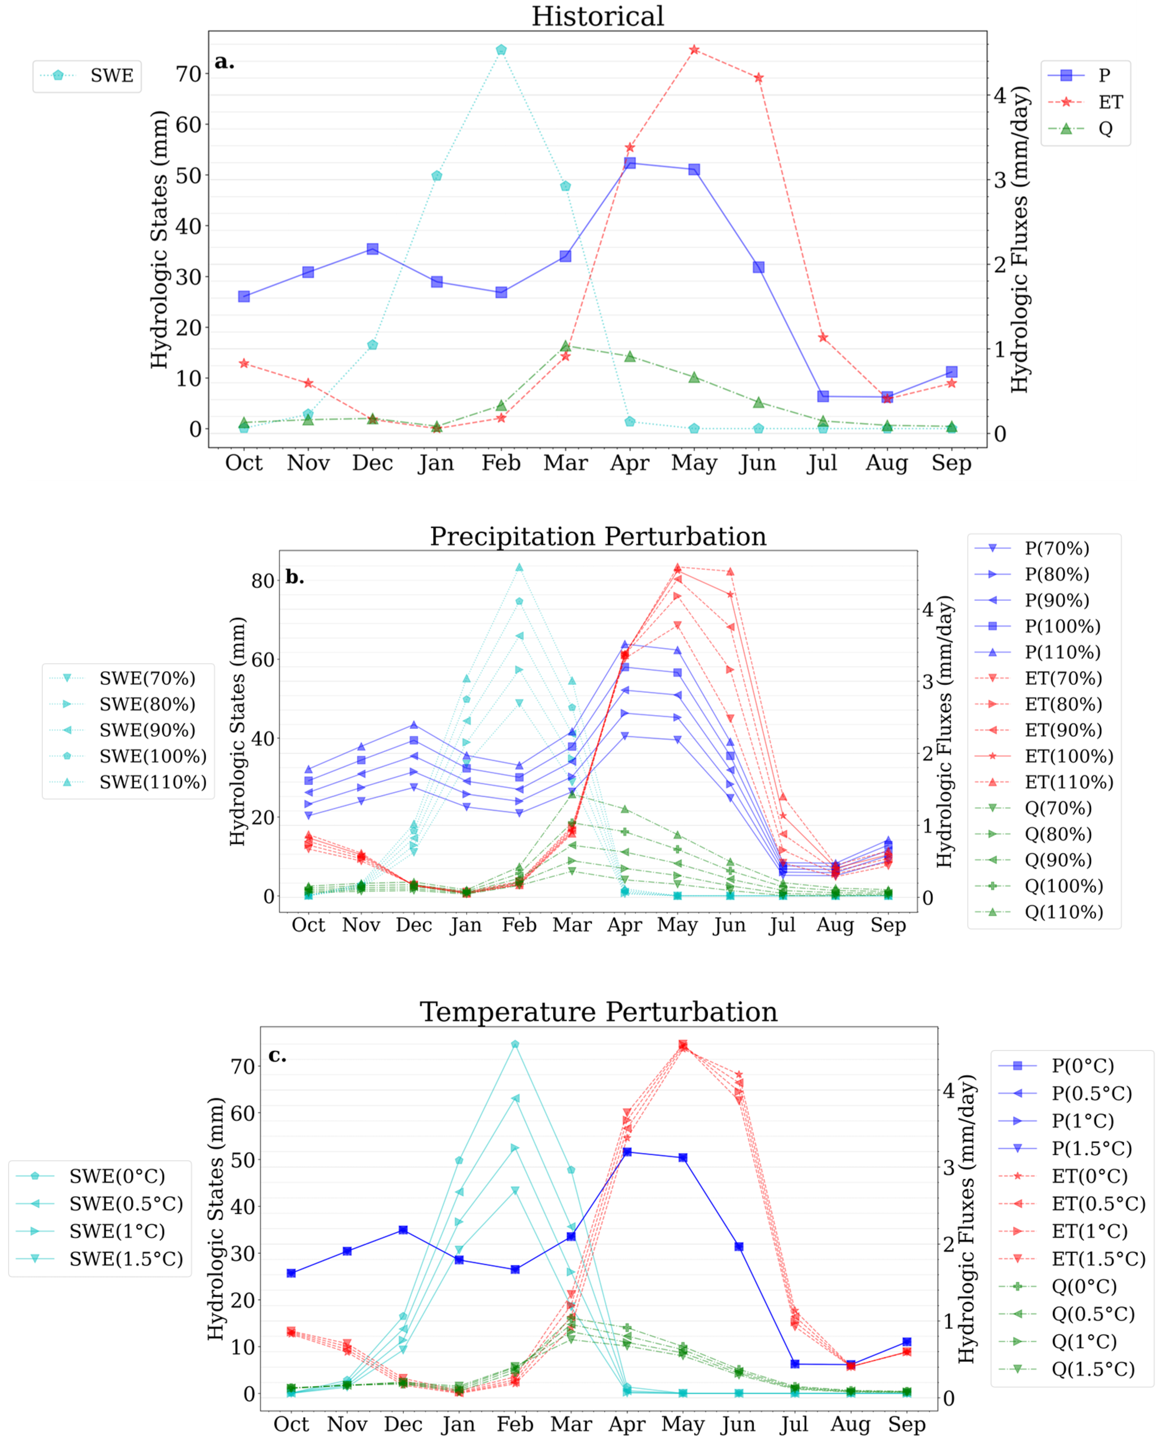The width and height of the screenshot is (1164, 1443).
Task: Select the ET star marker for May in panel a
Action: pyautogui.click(x=694, y=50)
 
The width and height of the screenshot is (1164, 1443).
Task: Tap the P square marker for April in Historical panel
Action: pyautogui.click(x=629, y=163)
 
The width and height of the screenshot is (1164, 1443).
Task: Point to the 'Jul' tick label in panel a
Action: pyautogui.click(x=822, y=463)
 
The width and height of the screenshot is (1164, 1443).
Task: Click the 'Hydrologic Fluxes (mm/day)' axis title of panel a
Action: pyautogui.click(x=1019, y=240)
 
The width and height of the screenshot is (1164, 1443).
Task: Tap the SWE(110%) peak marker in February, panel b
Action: pyautogui.click(x=519, y=567)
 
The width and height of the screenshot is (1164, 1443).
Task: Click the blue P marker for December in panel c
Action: pyautogui.click(x=403, y=1230)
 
